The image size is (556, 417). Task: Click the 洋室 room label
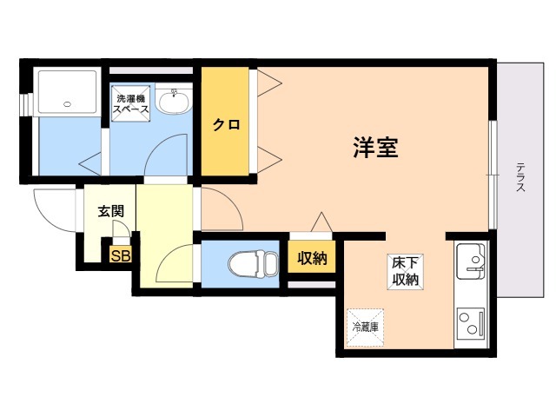point(375,148)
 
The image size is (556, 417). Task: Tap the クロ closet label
point(227,124)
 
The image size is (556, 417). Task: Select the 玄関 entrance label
point(110,210)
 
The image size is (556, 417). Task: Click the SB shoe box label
point(120,255)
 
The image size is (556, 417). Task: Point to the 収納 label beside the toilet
point(312,258)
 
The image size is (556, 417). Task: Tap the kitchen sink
point(472,261)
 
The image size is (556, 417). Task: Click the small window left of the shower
point(25,102)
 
